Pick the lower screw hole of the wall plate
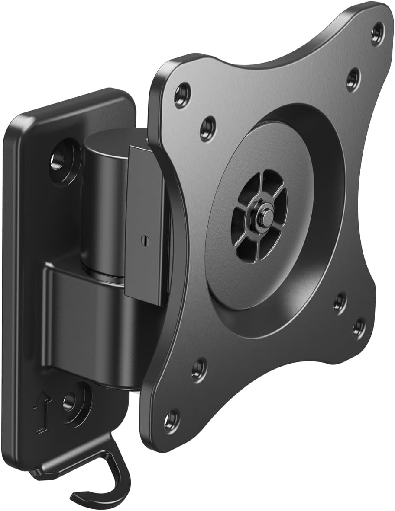point(70,402)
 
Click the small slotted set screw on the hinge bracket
point(142,239)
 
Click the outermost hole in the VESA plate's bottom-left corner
point(171,419)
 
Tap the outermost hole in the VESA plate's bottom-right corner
point(358,327)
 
